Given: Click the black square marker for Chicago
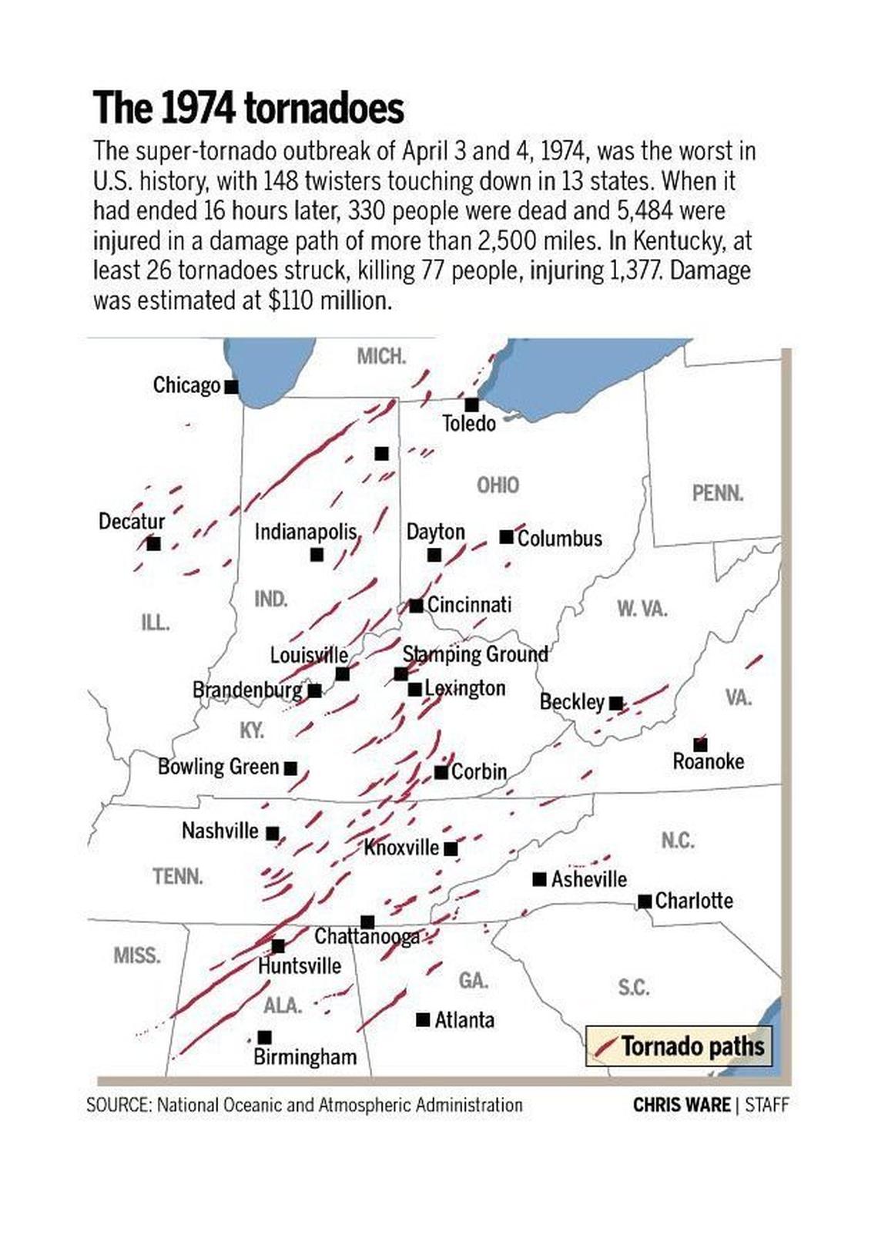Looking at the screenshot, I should point(231,386).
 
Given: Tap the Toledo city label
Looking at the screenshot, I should point(468,423).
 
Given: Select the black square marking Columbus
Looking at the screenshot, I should point(506,536).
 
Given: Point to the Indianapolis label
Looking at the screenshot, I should point(306,532).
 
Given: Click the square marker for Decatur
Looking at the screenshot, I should point(154,543).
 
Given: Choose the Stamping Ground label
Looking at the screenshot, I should point(475,654).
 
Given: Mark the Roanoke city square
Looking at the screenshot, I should point(700,744).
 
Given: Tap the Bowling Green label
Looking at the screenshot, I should point(218,767).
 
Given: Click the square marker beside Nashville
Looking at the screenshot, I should point(273,833).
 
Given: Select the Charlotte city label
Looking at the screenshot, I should point(694,900).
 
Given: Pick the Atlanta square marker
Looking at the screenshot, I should point(423,1019).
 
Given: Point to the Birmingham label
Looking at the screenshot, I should point(305,1056).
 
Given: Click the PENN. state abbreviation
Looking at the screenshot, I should point(718,492).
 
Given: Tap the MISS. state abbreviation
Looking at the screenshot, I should point(137,955).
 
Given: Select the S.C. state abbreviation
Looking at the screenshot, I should point(634,987).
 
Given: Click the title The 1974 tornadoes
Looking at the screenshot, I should point(248,107).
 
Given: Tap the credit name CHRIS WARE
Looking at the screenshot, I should point(681,1104).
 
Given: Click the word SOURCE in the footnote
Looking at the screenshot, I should point(118,1105).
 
